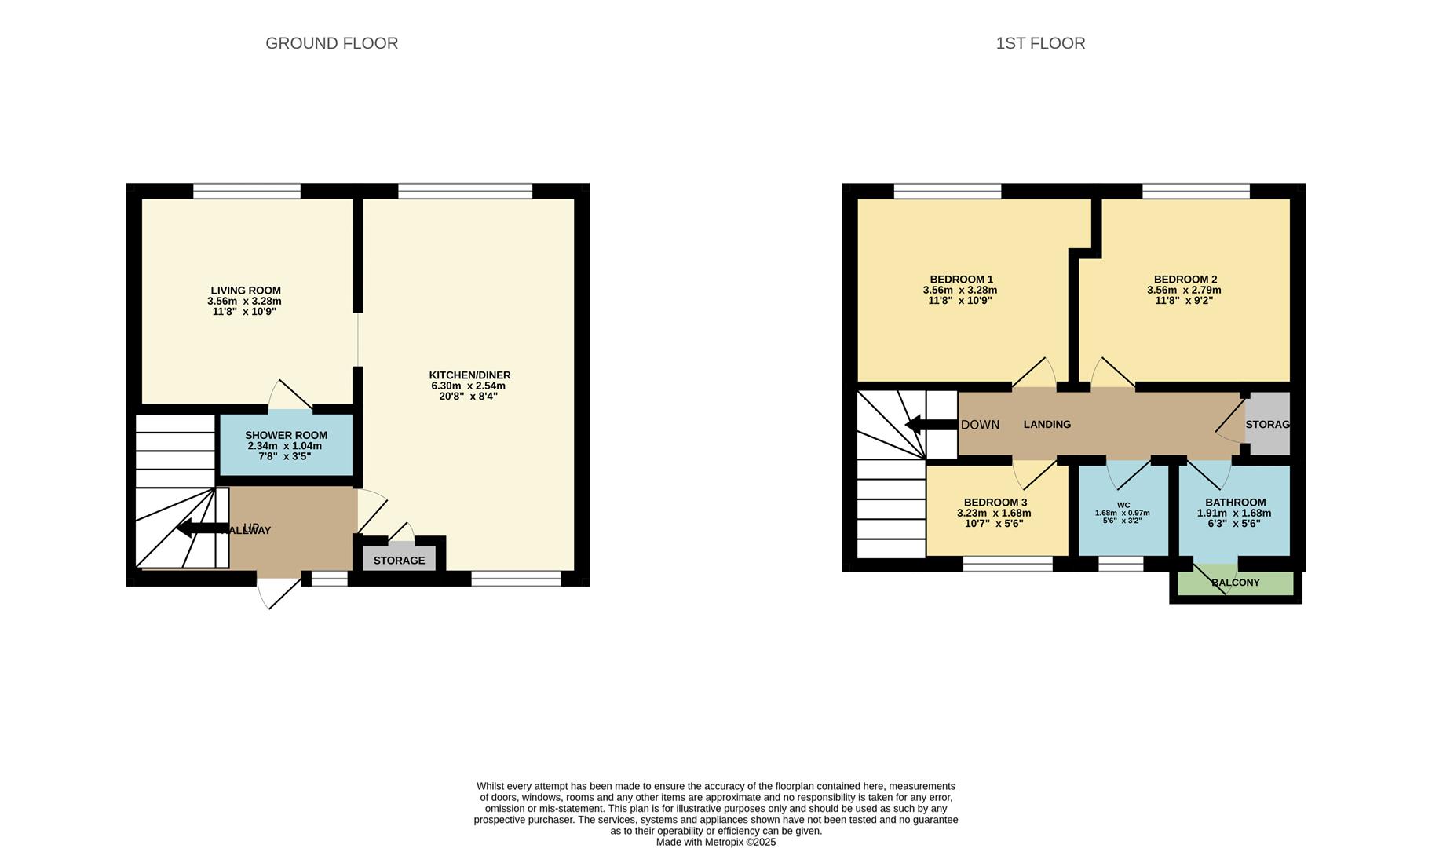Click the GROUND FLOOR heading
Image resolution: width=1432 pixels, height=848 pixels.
coord(331,43)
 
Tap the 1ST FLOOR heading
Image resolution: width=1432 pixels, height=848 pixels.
coord(1040,43)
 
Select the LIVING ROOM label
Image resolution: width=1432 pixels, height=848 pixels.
coord(245,291)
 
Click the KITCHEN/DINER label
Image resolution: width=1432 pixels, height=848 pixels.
coord(469,375)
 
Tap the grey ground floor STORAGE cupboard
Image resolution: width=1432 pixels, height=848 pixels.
coord(399,560)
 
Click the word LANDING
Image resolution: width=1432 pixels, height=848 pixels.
coord(1047,425)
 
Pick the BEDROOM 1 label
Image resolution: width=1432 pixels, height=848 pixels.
coord(961,280)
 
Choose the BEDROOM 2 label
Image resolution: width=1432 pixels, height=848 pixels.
coord(1185,280)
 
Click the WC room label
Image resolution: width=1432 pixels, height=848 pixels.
coord(1123,505)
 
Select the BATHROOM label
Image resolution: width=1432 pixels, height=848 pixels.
coord(1235,503)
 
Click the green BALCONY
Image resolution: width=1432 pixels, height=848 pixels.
coord(1235,583)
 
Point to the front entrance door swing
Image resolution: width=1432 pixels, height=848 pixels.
coord(276,593)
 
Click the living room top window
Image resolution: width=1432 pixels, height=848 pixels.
coord(247,191)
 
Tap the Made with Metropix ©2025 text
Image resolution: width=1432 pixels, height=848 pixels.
coord(715,842)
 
